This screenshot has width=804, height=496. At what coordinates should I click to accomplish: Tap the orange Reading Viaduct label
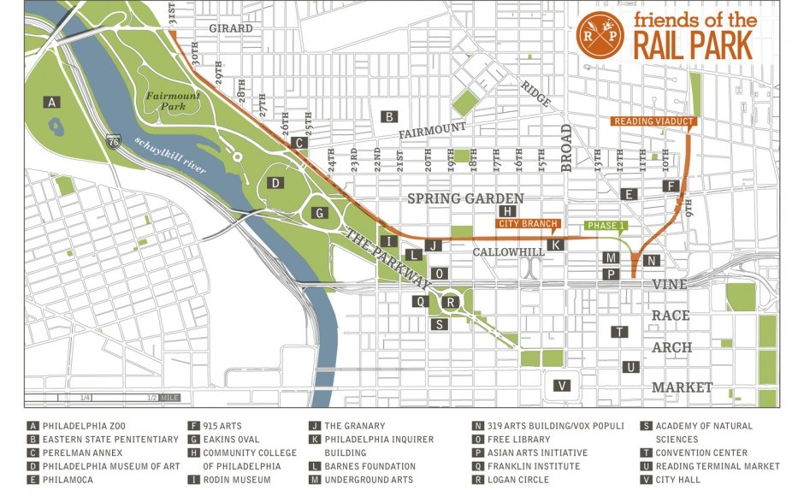pyautogui.click(x=655, y=121)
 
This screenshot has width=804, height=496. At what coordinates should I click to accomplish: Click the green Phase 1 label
pyautogui.click(x=607, y=226)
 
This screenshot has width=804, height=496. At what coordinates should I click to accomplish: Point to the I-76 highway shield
pyautogui.click(x=114, y=140)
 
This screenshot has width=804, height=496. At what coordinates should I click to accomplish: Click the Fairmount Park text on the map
pyautogui.click(x=172, y=101)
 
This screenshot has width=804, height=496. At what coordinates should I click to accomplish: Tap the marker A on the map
pyautogui.click(x=53, y=103)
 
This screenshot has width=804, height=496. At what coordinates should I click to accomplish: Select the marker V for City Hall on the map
pyautogui.click(x=562, y=385)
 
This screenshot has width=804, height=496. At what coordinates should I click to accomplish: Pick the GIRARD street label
pyautogui.click(x=231, y=28)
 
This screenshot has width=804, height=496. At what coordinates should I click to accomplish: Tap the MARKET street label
pyautogui.click(x=682, y=387)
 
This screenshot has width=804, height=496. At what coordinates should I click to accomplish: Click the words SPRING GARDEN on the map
pyautogui.click(x=453, y=198)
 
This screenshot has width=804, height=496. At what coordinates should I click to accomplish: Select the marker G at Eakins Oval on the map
pyautogui.click(x=318, y=213)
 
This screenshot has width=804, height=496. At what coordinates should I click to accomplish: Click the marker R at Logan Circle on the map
pyautogui.click(x=452, y=301)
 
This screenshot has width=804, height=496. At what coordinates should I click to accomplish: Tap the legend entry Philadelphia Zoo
pyautogui.click(x=76, y=426)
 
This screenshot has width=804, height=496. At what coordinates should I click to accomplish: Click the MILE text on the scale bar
pyautogui.click(x=169, y=398)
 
